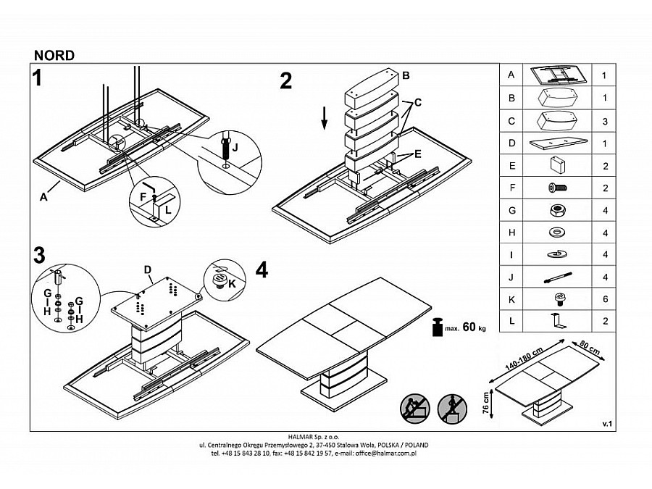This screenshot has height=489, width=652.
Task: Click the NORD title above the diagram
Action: (x=54, y=55)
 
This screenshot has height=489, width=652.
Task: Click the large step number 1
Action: (x=38, y=78)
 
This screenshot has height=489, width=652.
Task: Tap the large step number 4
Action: (x=262, y=270)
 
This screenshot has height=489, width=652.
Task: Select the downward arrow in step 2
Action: (x=325, y=118)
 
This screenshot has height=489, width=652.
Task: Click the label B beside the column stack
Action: (x=406, y=75)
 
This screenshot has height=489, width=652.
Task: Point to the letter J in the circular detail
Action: (x=235, y=147)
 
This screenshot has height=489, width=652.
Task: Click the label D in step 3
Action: (x=148, y=270)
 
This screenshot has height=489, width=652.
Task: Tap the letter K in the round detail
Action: (x=232, y=283)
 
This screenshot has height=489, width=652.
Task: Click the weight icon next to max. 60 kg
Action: (x=437, y=327)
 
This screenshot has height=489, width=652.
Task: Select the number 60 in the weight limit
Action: (x=469, y=327)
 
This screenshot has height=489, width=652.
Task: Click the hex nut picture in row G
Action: (x=557, y=210)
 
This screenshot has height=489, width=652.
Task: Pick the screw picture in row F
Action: (x=558, y=188)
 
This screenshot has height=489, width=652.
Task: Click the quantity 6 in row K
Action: (x=605, y=299)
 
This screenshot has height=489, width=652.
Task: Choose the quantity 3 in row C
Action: (x=605, y=122)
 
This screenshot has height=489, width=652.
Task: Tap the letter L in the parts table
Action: (x=511, y=321)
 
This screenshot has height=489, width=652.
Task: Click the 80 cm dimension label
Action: (x=590, y=348)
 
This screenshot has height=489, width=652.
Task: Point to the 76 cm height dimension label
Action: (x=485, y=403)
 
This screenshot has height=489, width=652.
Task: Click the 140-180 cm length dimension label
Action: (x=524, y=359)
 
